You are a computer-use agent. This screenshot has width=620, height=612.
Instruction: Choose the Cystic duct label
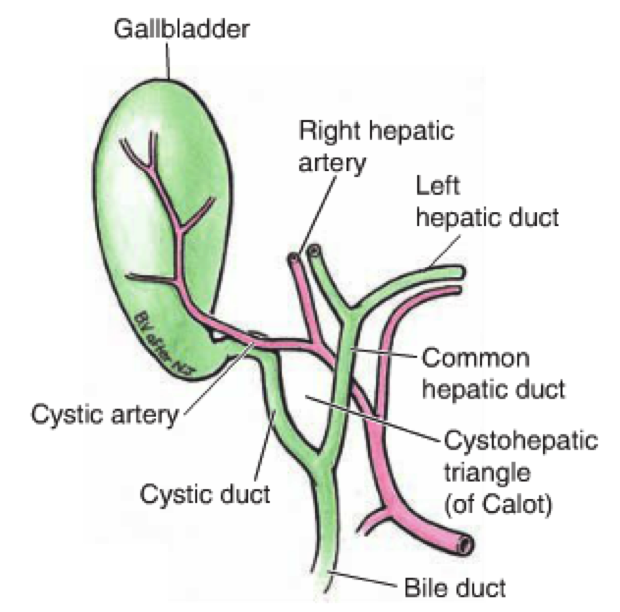(206, 494)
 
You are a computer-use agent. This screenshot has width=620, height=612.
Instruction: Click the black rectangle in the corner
(82, 578)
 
